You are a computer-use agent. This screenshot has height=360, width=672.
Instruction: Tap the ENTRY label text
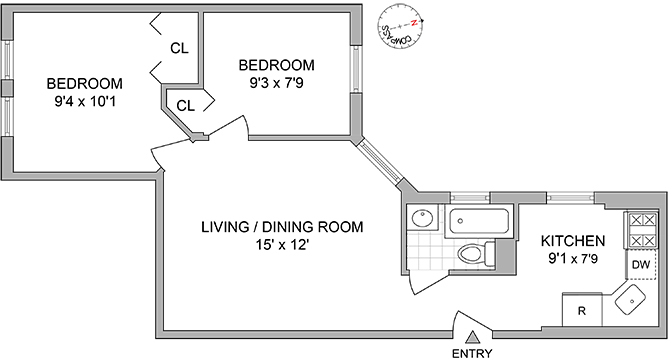tap(473, 353)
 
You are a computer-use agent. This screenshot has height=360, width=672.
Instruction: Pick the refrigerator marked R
tap(582, 310)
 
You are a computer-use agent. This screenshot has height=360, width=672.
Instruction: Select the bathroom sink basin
tap(421, 218)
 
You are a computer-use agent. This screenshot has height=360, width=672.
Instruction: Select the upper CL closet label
tap(179, 47)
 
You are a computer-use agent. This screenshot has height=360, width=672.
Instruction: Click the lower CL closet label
tap(186, 104)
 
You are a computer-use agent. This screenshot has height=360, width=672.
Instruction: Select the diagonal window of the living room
tap(381, 162)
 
